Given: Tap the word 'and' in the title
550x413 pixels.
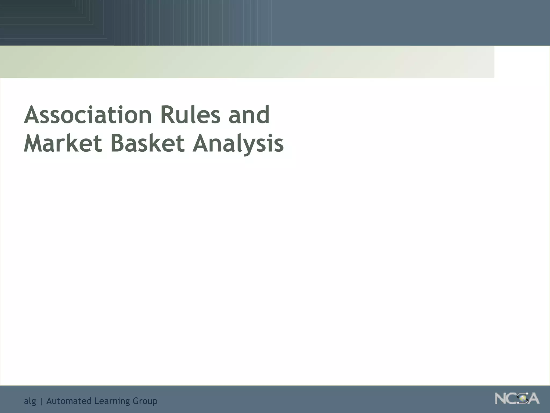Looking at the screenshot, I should click(x=249, y=115).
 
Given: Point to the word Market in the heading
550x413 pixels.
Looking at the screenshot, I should click(x=63, y=143).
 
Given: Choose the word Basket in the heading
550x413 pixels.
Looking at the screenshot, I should click(x=147, y=143).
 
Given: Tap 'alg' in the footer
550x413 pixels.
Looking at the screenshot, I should click(x=30, y=401).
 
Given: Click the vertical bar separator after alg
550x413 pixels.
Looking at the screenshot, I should click(x=41, y=401).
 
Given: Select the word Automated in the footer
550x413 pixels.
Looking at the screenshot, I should click(x=69, y=401).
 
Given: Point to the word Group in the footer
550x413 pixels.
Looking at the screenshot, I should click(x=145, y=401).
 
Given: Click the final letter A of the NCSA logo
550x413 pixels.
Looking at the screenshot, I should click(x=533, y=399).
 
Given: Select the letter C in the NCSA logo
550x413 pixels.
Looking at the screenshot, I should click(x=513, y=399).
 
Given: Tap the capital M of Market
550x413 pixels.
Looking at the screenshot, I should click(x=34, y=143).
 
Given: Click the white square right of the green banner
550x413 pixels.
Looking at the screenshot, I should click(x=522, y=62).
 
